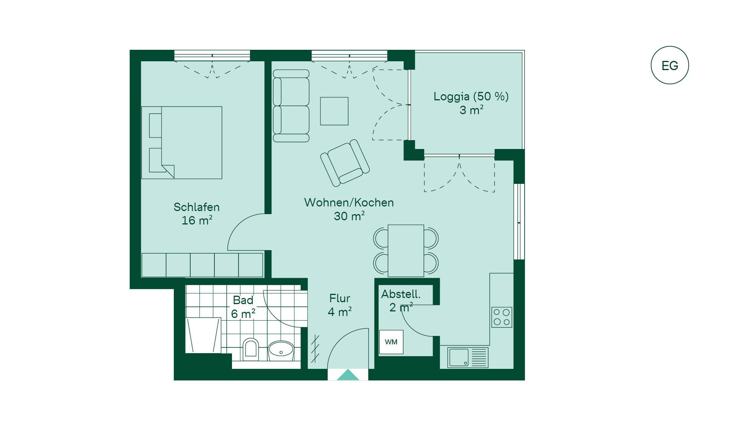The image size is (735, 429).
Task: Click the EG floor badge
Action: click(670, 65)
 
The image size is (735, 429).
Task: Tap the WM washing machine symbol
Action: click(391, 342)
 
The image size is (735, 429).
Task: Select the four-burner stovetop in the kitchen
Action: click(501, 317)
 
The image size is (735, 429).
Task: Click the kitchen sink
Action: click(468, 357)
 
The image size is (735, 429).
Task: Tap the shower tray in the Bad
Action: click(203, 335)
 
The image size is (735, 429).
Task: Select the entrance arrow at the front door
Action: click(348, 375)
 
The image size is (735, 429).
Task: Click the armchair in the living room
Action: click(345, 163)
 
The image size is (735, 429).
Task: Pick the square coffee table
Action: click(334, 111)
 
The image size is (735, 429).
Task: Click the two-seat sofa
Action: click(291, 106)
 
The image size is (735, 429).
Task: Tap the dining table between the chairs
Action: click(406, 251)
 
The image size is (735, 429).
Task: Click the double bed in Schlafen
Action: click(182, 142)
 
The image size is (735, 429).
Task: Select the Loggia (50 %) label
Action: click(471, 96)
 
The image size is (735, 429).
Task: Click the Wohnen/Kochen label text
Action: click(349, 202)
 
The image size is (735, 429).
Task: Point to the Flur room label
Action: click(340, 298)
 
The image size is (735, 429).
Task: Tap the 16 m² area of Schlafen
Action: click(197, 220)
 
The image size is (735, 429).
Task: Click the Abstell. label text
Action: click(401, 294)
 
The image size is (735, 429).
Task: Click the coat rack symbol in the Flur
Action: click(315, 349)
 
